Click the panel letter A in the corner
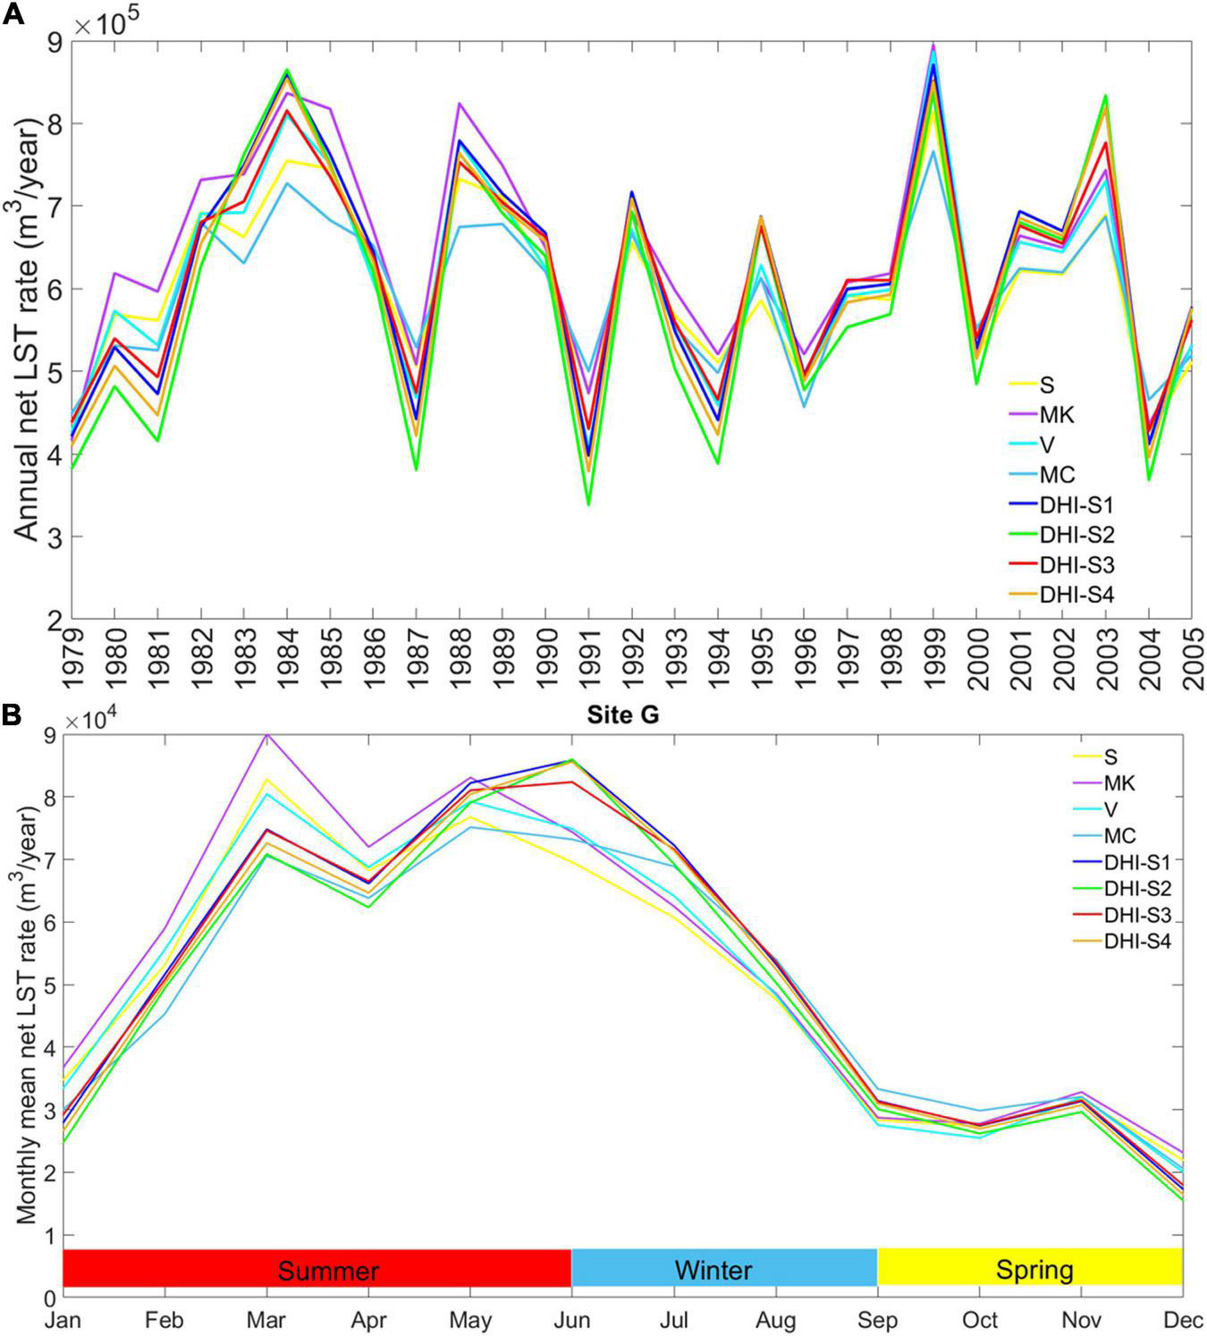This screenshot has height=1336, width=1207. tap(13, 15)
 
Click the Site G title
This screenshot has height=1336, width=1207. tap(622, 715)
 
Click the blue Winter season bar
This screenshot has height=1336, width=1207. tap(724, 1268)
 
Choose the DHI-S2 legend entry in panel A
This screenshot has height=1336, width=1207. tap(1075, 535)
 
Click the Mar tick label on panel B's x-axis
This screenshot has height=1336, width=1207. tap(266, 1320)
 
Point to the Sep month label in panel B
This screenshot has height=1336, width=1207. tap(878, 1320)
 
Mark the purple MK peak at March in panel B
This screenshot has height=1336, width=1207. tap(266, 734)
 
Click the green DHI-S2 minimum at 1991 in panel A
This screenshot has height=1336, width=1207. tap(588, 504)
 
